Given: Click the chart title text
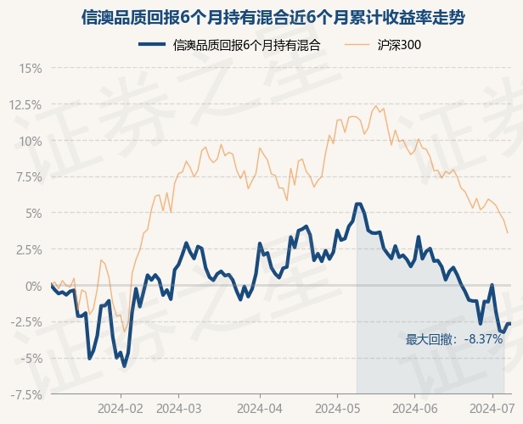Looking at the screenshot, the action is click(x=273, y=17).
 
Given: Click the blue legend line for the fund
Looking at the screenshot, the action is click(x=152, y=44).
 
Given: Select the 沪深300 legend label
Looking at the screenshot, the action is click(x=399, y=45).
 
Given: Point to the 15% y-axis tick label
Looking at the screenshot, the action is click(x=31, y=69).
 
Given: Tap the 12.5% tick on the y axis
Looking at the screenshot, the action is click(x=25, y=105).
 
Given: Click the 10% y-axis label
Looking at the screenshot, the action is click(x=31, y=142).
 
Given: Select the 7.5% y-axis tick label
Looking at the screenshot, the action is click(x=29, y=177).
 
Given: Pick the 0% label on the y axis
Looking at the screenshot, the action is click(x=34, y=286).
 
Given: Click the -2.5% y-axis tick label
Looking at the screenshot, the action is click(x=26, y=322).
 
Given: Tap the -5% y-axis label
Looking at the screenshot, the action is click(x=31, y=359).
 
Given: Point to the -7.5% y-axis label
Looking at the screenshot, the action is click(x=26, y=395).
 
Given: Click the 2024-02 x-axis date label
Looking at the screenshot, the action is click(x=121, y=409).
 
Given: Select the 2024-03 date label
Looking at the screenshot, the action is click(x=179, y=409).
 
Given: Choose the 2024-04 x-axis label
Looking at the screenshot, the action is click(x=260, y=409).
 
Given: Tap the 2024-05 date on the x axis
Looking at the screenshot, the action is click(x=338, y=409).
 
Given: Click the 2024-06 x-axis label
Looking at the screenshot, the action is click(x=415, y=409).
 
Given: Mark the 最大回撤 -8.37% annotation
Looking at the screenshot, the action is click(x=454, y=339).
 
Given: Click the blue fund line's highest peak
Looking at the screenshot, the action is click(x=358, y=204).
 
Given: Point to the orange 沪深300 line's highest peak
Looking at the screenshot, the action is click(x=376, y=106).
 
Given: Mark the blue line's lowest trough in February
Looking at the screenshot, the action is click(x=125, y=366).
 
